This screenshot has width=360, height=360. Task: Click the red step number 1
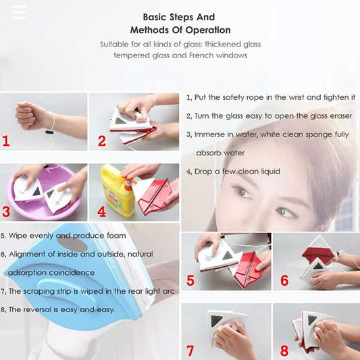6,140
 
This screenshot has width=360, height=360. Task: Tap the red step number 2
102,141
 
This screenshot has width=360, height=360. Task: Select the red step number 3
6,211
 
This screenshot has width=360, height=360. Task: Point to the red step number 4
101,211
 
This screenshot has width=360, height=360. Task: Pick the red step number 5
190,280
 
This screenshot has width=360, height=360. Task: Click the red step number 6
284,280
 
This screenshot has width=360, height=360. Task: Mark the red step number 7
190,351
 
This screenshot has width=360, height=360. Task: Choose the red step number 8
284,351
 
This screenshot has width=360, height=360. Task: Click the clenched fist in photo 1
32,115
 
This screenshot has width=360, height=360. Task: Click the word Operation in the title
208,30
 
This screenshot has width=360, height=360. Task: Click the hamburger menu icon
18,12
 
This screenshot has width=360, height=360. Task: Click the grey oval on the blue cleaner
72,244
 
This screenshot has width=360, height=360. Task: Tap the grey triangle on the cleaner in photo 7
216,321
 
